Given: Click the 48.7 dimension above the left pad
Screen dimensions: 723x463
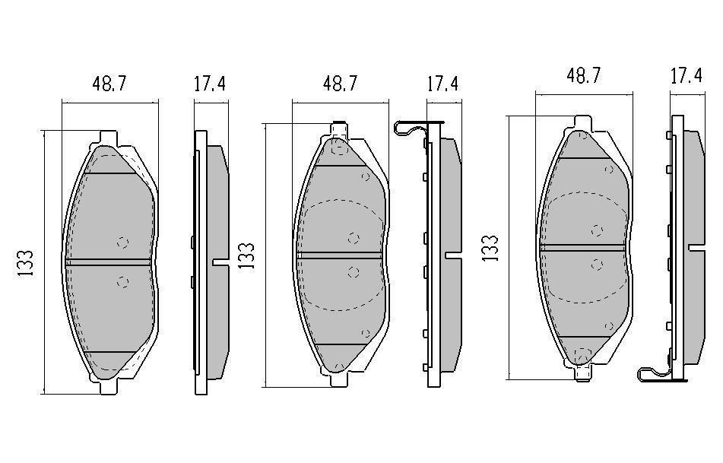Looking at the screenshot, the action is tap(109, 84).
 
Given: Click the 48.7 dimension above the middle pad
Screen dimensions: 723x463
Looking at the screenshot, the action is tap(340, 84).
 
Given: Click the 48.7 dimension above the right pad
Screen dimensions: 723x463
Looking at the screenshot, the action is tap(584, 75).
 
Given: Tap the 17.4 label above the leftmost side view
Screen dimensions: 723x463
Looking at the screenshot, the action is tap(209, 84).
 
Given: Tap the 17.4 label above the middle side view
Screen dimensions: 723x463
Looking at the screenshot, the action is tap(442, 84).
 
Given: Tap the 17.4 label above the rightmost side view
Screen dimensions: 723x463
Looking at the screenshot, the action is tap(686, 75).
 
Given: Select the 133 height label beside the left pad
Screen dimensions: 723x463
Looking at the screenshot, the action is tap(26, 263).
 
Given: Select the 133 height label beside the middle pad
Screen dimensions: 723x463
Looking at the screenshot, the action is tap(246, 256).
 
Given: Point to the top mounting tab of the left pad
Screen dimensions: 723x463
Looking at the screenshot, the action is tap(109, 138).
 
